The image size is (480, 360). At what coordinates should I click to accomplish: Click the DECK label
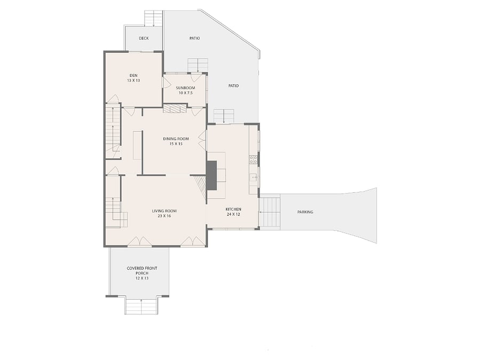[143, 38]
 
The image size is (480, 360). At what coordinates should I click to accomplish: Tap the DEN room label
[133, 75]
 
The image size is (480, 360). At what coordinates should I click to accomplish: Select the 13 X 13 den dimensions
[133, 81]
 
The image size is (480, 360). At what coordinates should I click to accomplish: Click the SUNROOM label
[186, 88]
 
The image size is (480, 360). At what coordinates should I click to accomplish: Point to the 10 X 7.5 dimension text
[186, 93]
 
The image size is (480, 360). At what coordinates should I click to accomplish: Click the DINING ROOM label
[175, 139]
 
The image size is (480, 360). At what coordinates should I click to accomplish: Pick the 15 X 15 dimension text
[176, 143]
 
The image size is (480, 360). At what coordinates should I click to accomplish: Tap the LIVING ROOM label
[164, 211]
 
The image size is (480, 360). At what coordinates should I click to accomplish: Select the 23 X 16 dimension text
[164, 216]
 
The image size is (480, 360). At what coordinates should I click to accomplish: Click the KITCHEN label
[233, 210]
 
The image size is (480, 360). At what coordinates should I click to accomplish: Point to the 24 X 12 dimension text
[233, 214]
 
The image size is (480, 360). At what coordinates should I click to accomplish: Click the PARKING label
[305, 212]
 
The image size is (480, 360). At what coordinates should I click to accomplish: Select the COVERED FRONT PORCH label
[142, 270]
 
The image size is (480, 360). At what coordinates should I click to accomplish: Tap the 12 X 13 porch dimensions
[142, 278]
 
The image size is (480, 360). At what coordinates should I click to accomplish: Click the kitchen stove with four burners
[253, 159]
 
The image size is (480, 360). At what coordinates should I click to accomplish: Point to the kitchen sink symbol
[253, 177]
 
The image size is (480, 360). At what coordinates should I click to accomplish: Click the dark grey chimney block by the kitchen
[212, 175]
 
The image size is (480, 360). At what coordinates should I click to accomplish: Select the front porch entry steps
[141, 307]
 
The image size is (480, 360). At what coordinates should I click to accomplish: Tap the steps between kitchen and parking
[270, 212]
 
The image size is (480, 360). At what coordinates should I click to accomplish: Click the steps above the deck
[154, 18]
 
